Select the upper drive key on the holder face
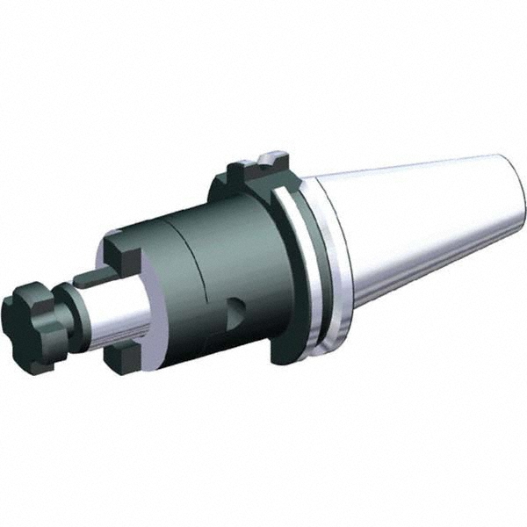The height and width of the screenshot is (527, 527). click(121, 257)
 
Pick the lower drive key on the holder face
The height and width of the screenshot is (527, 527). click(123, 357)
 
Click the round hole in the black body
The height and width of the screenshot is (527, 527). click(236, 310)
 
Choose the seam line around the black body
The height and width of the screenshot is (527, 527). click(181, 290)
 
